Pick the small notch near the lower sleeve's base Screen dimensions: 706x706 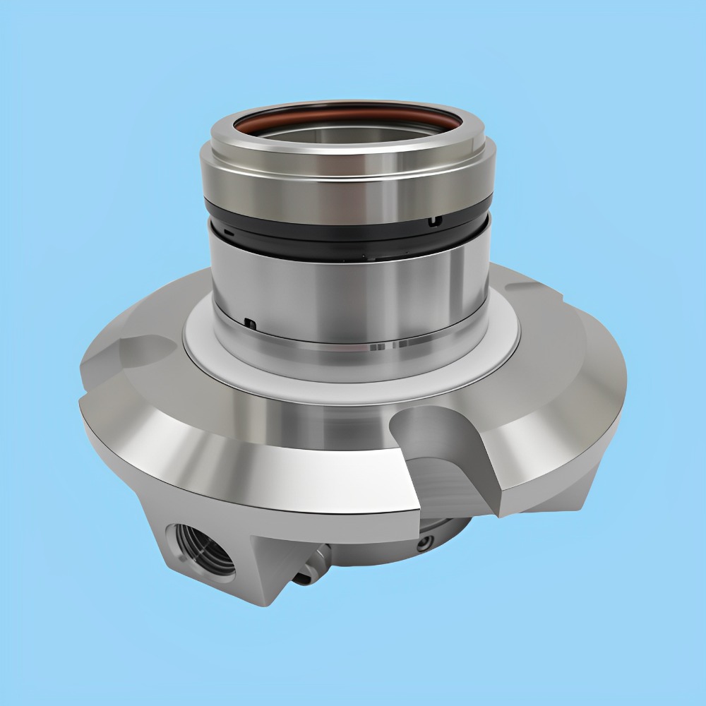point(249,323)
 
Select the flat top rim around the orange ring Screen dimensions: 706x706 point(346,145)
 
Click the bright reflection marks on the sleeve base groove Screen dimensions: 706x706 point(378,347)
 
